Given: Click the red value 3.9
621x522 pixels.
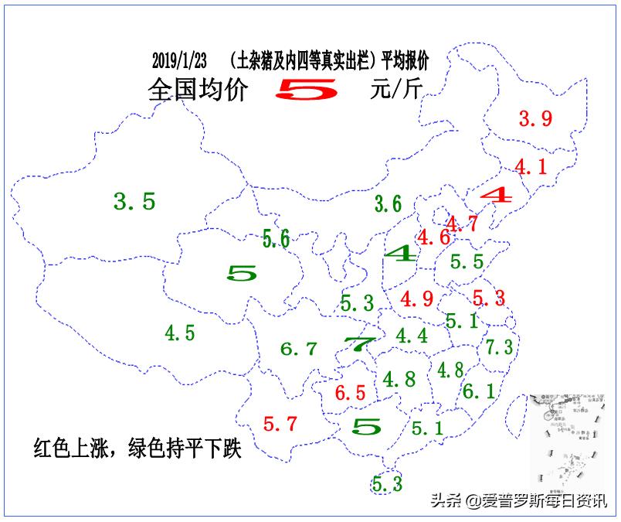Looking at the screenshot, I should point(535,119).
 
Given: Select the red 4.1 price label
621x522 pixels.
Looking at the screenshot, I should point(531,166).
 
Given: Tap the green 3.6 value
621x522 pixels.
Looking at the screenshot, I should point(388,204).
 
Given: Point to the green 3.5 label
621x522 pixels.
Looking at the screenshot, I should point(134,203).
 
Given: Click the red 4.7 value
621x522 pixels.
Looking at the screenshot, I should point(462,224).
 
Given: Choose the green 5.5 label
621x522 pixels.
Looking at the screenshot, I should point(467,262).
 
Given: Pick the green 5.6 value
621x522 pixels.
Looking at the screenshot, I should point(276,239).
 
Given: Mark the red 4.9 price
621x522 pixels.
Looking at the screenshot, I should point(416,299).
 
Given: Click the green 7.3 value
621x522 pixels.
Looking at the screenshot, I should point(499,347).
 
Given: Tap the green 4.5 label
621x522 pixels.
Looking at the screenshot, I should point(180,333).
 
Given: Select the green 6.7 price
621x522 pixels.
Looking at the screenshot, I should point(298,349).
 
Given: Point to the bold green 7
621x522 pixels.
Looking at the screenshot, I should point(359,344).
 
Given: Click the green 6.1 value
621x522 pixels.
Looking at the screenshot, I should point(478,391).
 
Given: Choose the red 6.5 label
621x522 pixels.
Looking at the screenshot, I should point(351,393).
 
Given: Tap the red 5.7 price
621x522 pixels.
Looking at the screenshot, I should point(280,424).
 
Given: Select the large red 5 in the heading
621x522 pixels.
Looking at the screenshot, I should point(307,90).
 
